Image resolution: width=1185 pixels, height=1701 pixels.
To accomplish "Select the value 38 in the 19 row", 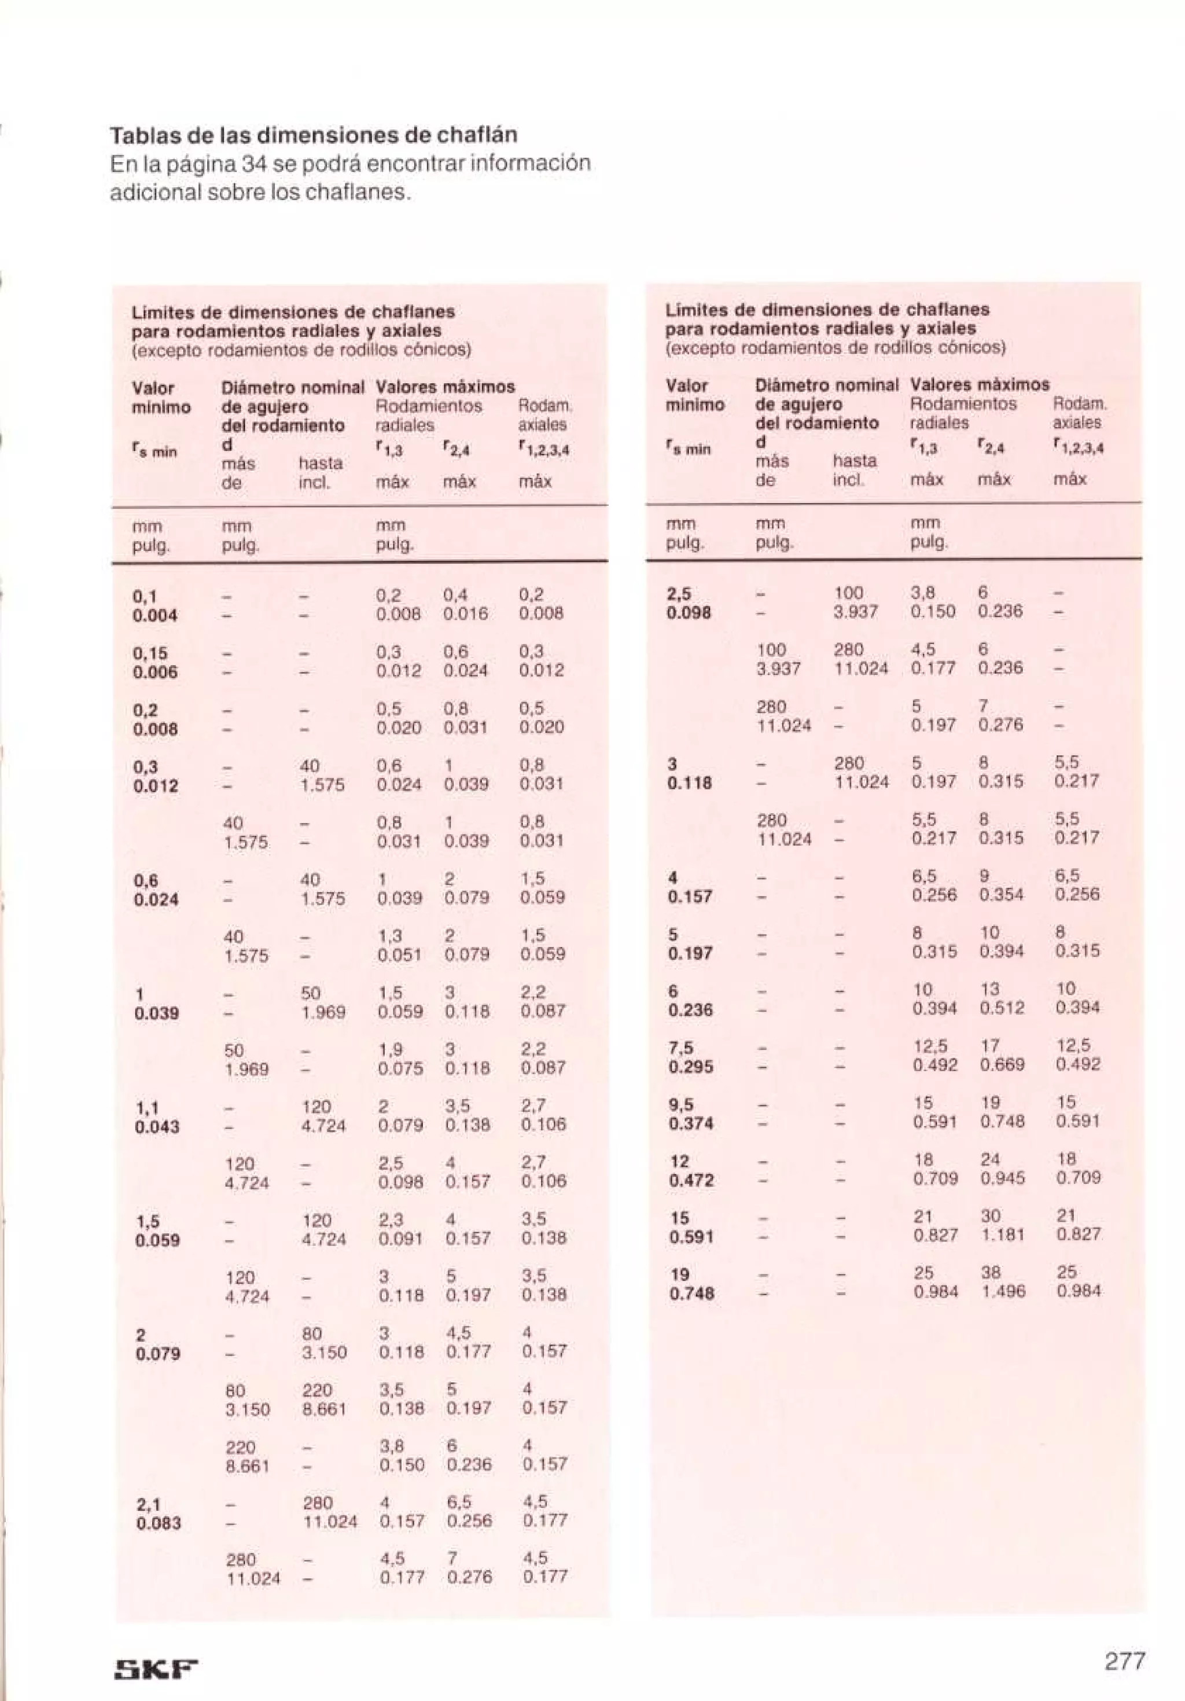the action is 990,1272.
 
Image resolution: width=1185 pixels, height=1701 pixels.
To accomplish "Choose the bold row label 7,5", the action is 680,1047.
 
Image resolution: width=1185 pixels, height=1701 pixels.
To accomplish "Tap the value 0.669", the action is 1002,1064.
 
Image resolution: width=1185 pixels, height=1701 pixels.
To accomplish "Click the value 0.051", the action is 399,955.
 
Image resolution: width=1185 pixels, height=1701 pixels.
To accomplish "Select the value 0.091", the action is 399,1238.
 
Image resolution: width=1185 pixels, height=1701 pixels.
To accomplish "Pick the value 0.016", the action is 466,614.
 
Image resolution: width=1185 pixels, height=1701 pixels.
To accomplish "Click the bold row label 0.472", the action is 691,1180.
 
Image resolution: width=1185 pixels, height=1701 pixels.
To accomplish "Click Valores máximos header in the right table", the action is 979,384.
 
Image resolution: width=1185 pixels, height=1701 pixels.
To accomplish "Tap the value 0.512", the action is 1002,1008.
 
